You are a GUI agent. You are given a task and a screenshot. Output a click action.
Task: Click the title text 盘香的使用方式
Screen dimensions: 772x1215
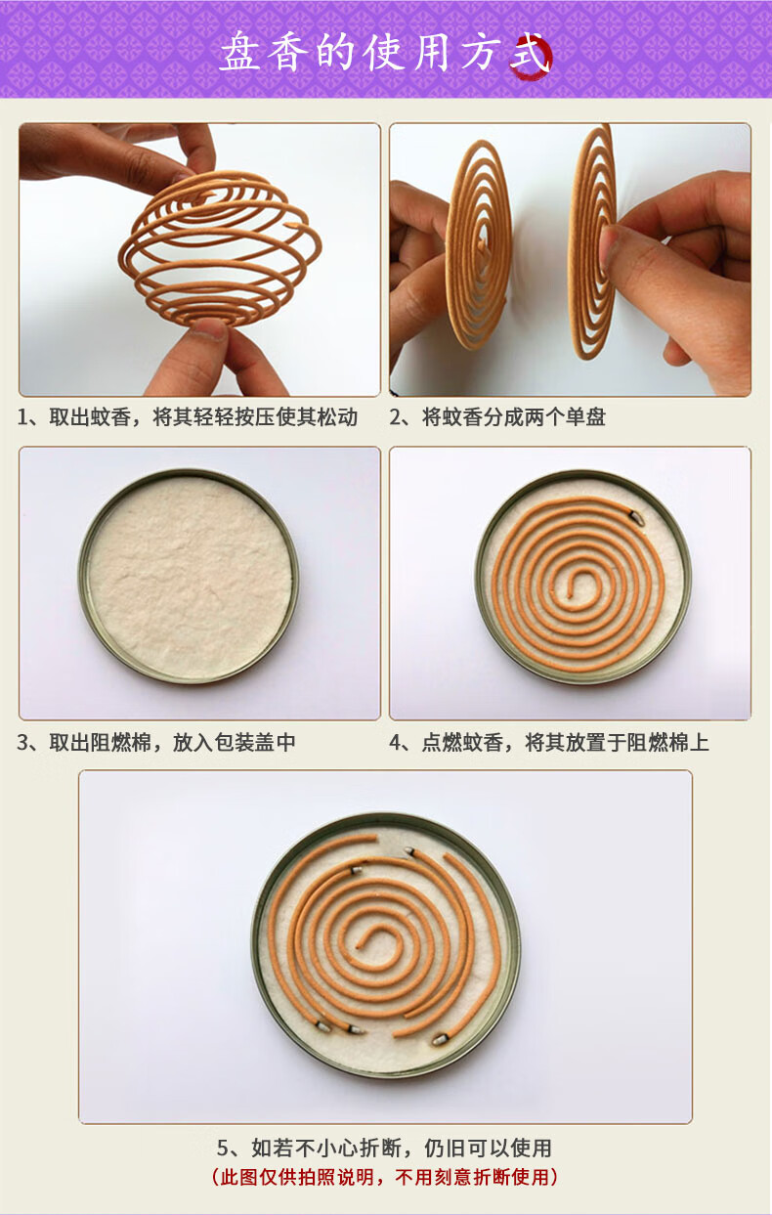tap(384, 53)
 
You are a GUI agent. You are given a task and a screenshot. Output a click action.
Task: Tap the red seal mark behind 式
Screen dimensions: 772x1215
tap(532, 57)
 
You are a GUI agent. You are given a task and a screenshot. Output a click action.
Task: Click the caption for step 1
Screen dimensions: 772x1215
tap(188, 417)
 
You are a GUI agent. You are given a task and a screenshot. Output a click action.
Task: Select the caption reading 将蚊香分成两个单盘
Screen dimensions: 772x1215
tap(497, 417)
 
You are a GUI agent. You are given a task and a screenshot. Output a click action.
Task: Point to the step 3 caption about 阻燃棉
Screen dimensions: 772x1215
tap(156, 742)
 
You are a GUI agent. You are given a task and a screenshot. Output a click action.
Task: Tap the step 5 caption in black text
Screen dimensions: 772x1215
tap(384, 1148)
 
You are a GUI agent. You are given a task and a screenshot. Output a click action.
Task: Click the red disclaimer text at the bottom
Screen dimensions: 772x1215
tap(384, 1177)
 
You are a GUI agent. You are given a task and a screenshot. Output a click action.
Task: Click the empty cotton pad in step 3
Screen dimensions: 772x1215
tap(189, 576)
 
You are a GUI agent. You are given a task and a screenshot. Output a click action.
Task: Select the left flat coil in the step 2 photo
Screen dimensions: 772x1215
tap(479, 245)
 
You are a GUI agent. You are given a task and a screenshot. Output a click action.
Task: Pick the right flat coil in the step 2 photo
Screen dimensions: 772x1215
tap(592, 241)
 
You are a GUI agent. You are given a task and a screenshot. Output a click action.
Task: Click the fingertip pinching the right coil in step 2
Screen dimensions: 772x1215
tap(610, 244)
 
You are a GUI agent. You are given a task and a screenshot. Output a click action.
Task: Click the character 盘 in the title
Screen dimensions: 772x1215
tap(240, 53)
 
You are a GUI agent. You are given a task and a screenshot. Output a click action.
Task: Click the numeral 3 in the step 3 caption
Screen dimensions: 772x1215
tap(23, 743)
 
